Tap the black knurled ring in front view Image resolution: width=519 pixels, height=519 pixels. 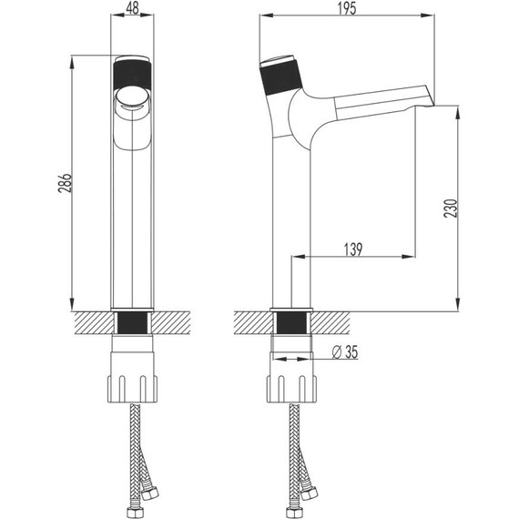click(132, 71)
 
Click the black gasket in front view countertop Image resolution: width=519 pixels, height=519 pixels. click(132, 323)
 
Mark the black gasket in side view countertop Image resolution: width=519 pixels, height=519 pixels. click(293, 323)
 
